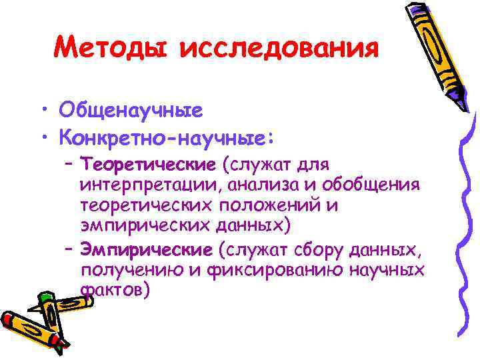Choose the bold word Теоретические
tap(147, 164)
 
